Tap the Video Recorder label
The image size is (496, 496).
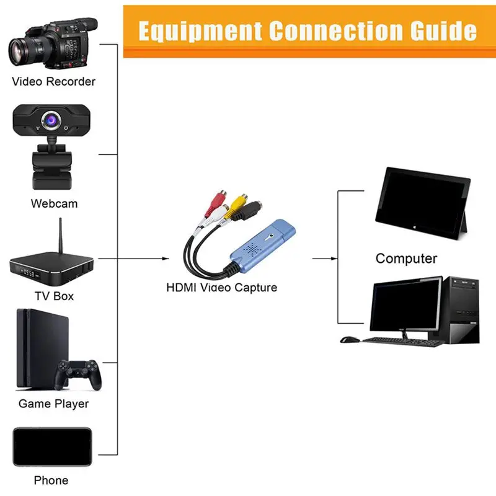click(x=54, y=81)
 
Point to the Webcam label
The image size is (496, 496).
click(x=54, y=203)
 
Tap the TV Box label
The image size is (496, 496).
click(x=54, y=296)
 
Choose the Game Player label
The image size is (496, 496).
click(x=53, y=404)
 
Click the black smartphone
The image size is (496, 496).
click(x=52, y=446)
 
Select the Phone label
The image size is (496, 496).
click(x=51, y=480)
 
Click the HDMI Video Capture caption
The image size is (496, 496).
click(x=221, y=287)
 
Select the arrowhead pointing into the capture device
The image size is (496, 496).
click(x=166, y=258)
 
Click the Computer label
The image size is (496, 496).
click(x=406, y=259)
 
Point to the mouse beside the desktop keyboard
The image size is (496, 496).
click(x=350, y=340)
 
